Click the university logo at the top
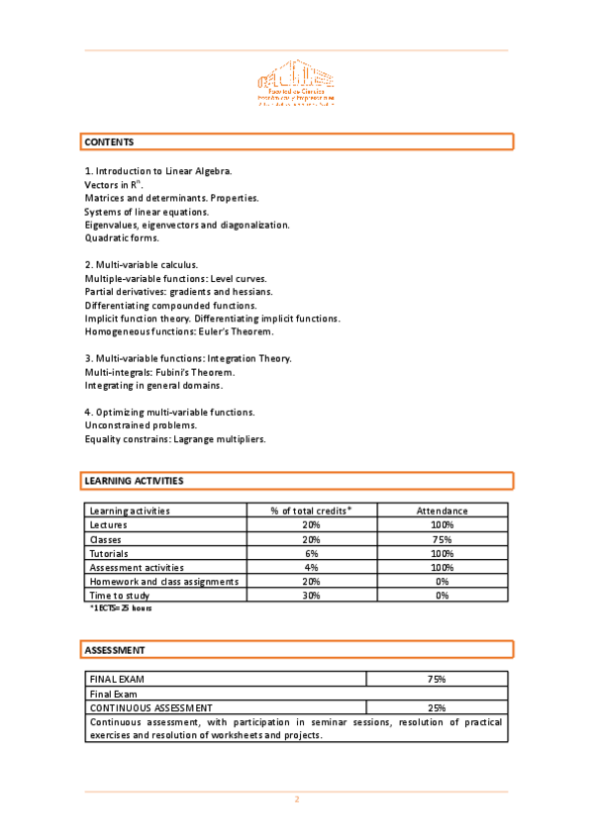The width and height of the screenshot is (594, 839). coord(296,87)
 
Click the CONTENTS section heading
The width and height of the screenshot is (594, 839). coord(109,142)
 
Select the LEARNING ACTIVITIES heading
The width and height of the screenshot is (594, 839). coord(134,481)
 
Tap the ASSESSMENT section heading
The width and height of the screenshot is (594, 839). coord(115,650)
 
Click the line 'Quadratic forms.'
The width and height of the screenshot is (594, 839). coord(122,238)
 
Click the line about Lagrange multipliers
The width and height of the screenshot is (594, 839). coord(174,439)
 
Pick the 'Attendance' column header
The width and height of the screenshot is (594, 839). coord(442,511)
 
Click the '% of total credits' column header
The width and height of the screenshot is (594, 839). coord(311,511)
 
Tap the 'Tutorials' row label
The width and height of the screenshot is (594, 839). coord(109,553)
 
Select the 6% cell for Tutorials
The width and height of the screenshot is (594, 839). coord(311,553)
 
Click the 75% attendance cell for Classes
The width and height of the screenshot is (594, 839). coord(442,539)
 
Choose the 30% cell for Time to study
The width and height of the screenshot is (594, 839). coord(311,596)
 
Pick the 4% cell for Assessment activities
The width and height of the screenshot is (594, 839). coord(311,568)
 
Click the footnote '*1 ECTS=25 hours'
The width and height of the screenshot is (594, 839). coord(121,607)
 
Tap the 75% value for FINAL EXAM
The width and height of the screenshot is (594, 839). coord(437,680)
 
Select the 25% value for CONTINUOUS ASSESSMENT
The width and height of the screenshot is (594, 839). coord(437,707)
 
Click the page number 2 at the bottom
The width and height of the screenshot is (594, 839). coord(296,799)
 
